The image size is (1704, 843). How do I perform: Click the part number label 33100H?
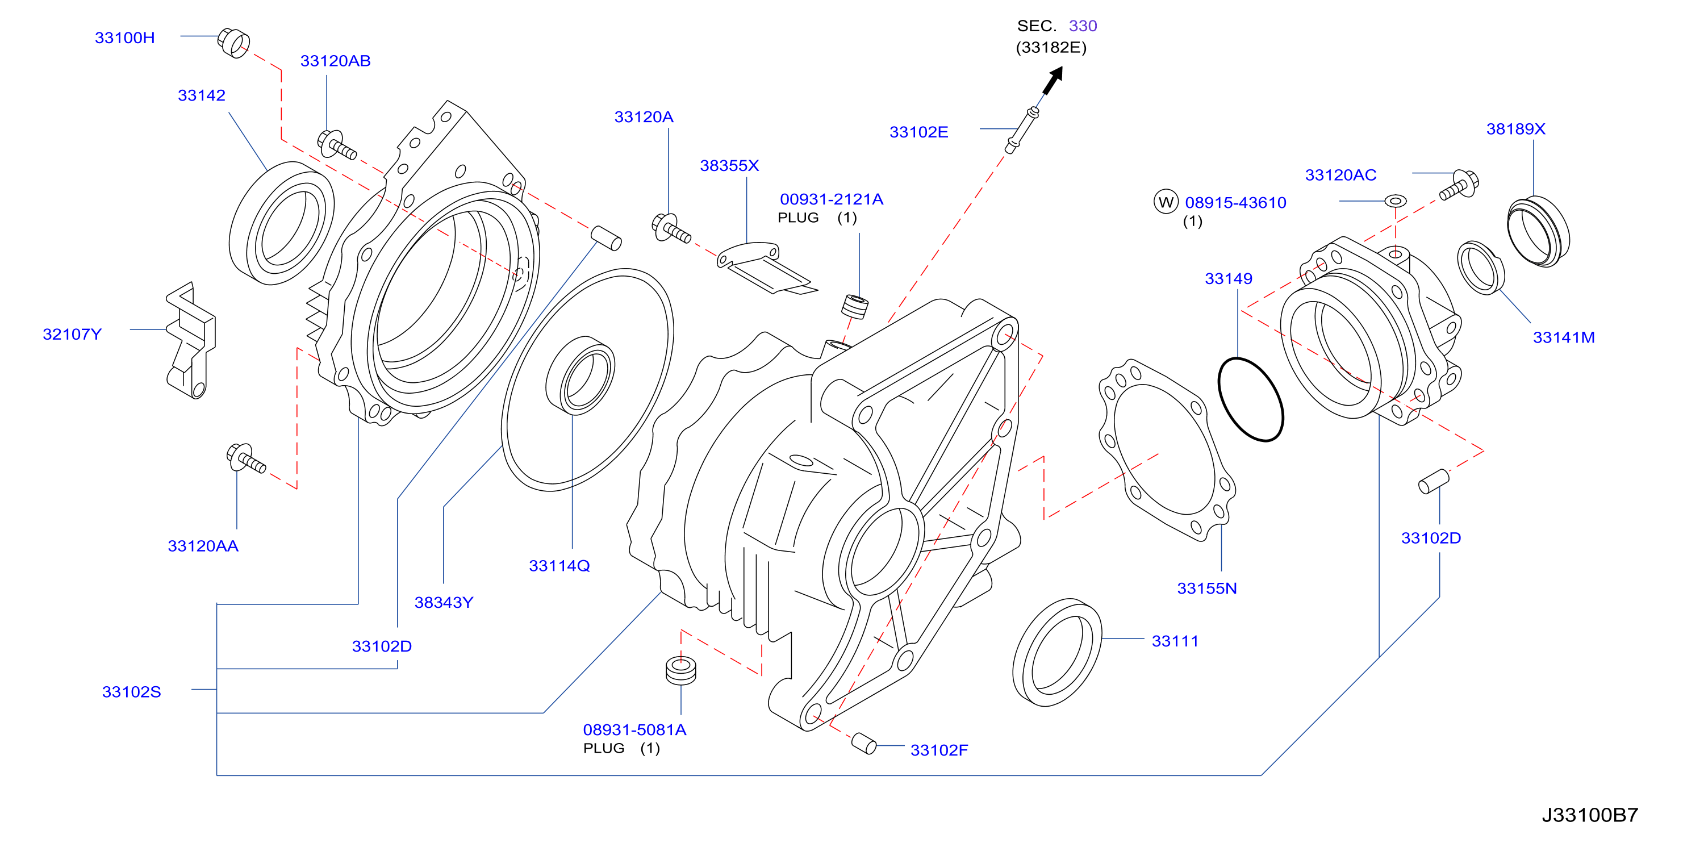[x=124, y=37]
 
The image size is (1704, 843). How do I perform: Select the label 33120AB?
[x=335, y=61]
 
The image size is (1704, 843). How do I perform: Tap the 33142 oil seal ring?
[x=282, y=223]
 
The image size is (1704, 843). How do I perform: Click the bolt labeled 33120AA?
[x=245, y=458]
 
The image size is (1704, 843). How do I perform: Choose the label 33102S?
[x=131, y=692]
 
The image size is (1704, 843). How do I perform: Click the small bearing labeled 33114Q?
[x=580, y=375]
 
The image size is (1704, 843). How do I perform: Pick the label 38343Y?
[x=444, y=603]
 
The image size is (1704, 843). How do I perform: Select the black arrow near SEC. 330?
[x=1053, y=81]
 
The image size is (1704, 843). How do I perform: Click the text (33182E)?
[x=1051, y=48]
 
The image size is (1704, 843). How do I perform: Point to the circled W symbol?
[x=1166, y=202]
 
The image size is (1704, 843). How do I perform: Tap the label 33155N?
[x=1206, y=589]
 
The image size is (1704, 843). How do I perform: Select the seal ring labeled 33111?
[x=1057, y=653]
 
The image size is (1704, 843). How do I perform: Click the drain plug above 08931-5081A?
[x=680, y=670]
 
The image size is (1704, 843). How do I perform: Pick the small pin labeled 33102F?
[x=864, y=744]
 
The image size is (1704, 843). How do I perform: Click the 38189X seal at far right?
[x=1538, y=232]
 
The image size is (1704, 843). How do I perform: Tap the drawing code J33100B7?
[x=1590, y=815]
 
